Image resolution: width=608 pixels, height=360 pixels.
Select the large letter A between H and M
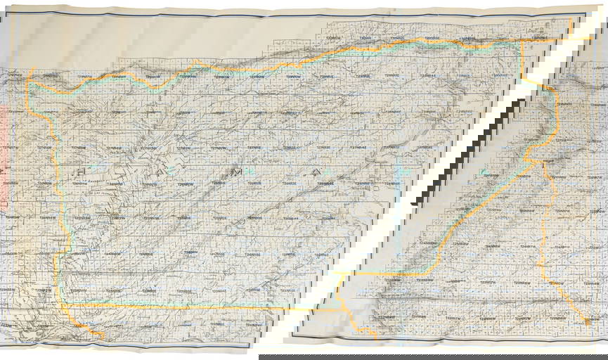[x=165, y=172]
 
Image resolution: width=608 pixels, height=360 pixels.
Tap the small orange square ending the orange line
[x=588, y=321]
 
